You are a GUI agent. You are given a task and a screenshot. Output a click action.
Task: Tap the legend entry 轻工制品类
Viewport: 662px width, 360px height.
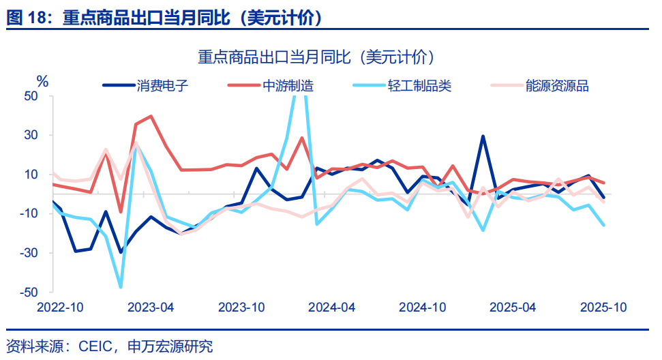[419, 85]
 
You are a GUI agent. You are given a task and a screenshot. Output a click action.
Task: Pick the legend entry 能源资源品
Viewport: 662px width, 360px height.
[557, 85]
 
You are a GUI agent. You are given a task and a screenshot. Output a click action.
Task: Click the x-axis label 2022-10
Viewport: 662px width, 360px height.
[60, 307]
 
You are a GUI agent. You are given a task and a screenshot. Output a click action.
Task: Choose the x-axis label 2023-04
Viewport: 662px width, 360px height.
[151, 307]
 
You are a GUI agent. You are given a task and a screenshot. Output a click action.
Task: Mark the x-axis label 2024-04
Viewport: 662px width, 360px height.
[332, 307]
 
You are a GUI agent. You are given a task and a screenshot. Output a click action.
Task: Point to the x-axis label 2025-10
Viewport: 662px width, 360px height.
[603, 307]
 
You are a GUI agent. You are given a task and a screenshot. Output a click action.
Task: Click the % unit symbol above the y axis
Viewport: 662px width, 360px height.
[42, 82]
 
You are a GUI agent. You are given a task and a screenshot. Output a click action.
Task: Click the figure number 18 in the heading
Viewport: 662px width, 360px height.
[34, 18]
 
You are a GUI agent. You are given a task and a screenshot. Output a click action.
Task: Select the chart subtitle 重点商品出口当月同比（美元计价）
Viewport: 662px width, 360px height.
[316, 57]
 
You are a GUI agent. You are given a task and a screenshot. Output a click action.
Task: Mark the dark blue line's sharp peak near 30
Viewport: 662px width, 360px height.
[483, 136]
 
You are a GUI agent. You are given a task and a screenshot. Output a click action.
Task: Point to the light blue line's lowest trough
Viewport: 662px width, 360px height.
[121, 287]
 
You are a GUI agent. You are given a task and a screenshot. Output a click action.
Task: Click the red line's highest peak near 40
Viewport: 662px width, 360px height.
[151, 116]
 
